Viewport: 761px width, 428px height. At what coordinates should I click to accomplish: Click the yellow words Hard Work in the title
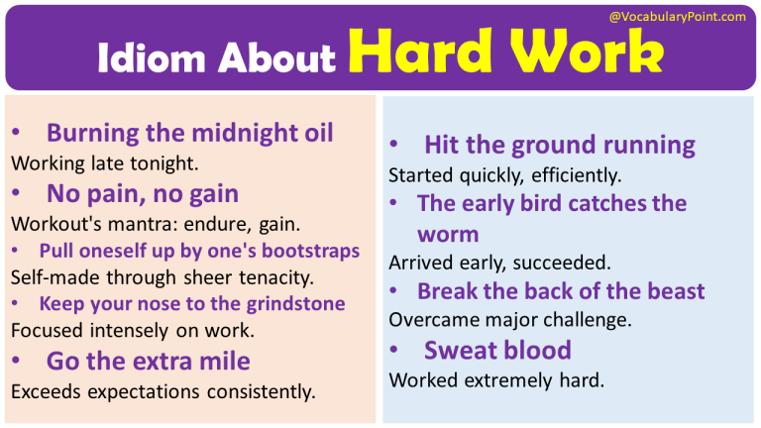[505, 54]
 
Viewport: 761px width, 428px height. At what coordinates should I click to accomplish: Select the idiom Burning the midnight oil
[189, 132]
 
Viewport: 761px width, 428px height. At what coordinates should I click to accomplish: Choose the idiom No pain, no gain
[142, 192]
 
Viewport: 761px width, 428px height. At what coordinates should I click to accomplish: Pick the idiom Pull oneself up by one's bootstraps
[199, 251]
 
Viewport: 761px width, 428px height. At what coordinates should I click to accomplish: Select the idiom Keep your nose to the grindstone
[192, 304]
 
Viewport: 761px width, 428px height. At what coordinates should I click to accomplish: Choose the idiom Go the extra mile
[148, 361]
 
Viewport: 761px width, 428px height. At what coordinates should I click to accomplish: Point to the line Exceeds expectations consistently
[163, 391]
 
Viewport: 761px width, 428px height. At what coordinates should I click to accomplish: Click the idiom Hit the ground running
[559, 146]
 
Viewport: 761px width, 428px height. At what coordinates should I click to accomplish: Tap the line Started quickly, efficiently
[504, 176]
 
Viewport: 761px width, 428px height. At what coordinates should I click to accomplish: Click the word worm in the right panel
[448, 235]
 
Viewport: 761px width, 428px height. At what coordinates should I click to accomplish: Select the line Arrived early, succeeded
[499, 264]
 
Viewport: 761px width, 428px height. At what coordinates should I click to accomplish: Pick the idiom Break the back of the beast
[561, 291]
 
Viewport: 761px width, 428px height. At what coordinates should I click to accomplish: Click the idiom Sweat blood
[497, 350]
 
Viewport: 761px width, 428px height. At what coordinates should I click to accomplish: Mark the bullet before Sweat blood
[393, 350]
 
